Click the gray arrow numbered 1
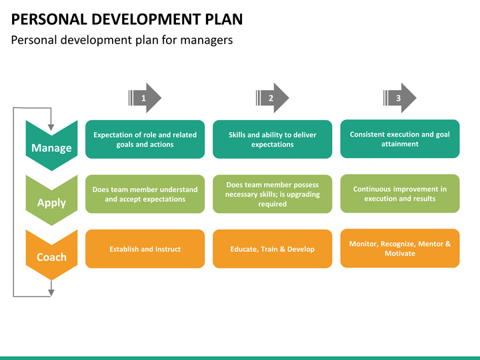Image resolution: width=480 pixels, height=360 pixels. click(145, 98)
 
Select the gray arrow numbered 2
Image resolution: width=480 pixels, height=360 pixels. click(272, 98)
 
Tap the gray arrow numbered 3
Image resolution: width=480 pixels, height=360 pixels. click(399, 98)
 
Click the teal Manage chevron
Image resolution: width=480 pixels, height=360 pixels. click(51, 146)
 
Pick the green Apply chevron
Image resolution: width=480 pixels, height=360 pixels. click(51, 201)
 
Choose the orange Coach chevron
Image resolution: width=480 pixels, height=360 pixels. click(51, 255)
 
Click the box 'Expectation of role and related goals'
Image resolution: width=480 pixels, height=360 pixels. click(145, 139)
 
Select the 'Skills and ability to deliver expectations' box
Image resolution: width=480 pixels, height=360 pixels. click(273, 139)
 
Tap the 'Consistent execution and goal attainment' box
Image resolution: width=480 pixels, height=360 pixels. click(400, 139)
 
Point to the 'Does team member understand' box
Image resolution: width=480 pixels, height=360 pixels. click(145, 194)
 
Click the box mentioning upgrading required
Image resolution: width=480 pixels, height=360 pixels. click(273, 194)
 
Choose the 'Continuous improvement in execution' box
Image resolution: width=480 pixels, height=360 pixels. click(400, 193)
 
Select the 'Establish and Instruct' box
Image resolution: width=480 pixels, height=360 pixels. click(145, 249)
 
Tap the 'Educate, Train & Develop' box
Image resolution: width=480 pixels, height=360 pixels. click(273, 249)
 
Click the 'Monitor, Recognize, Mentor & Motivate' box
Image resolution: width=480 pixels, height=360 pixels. click(400, 248)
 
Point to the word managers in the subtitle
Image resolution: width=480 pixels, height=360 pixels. click(206, 40)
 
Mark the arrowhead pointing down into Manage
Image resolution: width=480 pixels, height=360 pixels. click(51, 127)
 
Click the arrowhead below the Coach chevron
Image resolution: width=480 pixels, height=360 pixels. click(51, 293)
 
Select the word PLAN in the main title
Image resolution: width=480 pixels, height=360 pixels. click(224, 19)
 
